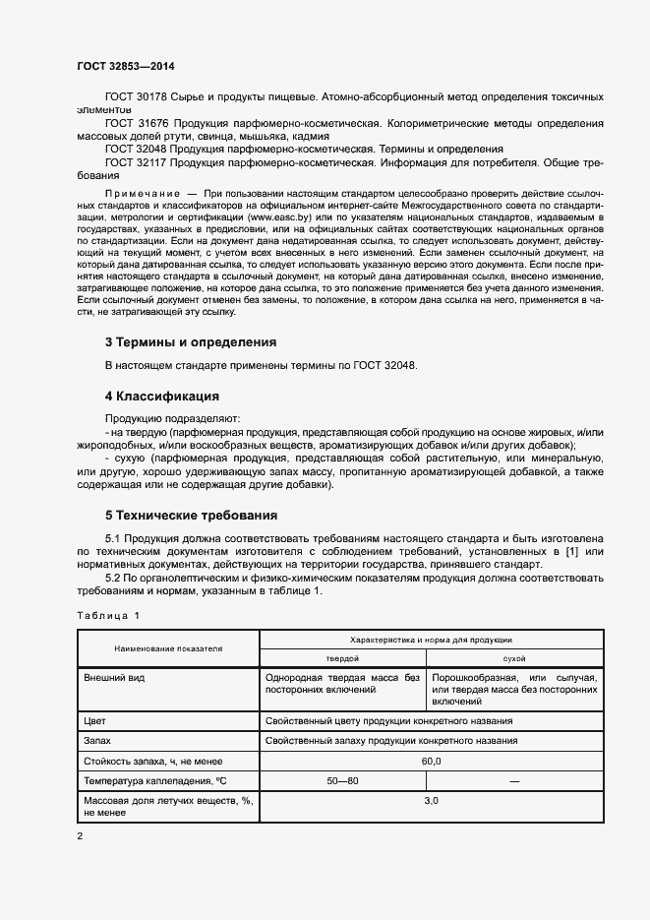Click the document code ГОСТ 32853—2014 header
[x=126, y=66]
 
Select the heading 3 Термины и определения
[x=191, y=342]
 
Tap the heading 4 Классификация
[x=161, y=397]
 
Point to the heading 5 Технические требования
[x=191, y=515]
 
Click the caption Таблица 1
[x=109, y=616]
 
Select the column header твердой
[x=342, y=657]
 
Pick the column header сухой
[x=514, y=657]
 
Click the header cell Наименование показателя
[x=168, y=648]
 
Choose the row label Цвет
[x=95, y=720]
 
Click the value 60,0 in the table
[x=431, y=761]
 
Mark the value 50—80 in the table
[x=342, y=780]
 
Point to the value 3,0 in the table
[x=431, y=801]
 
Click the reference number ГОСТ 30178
[x=137, y=98]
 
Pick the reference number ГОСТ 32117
[x=137, y=160]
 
